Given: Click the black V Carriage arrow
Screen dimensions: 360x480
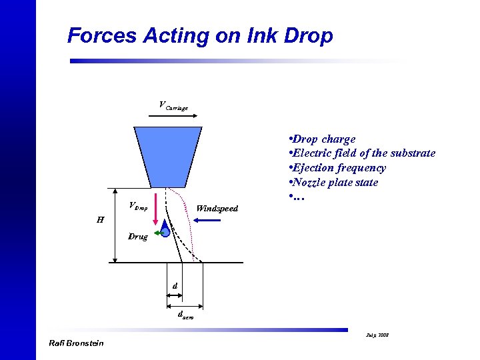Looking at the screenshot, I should point(168,116).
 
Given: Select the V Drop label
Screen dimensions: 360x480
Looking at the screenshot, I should point(138,206).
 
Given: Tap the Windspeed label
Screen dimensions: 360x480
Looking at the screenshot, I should point(217,209).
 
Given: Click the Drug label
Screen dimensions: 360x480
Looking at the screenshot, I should point(139,237).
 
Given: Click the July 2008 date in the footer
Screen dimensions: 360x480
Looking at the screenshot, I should point(379,333).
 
